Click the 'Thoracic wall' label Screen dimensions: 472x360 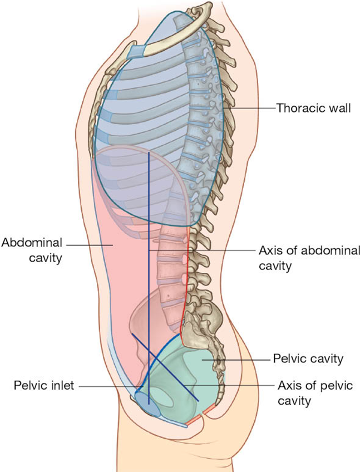pos(314,107)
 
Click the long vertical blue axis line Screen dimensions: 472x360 pos(149,250)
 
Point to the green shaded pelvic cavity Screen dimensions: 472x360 pos(189,362)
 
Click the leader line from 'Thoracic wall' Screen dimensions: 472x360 pos(253,107)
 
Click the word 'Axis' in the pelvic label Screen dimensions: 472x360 pos(288,385)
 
